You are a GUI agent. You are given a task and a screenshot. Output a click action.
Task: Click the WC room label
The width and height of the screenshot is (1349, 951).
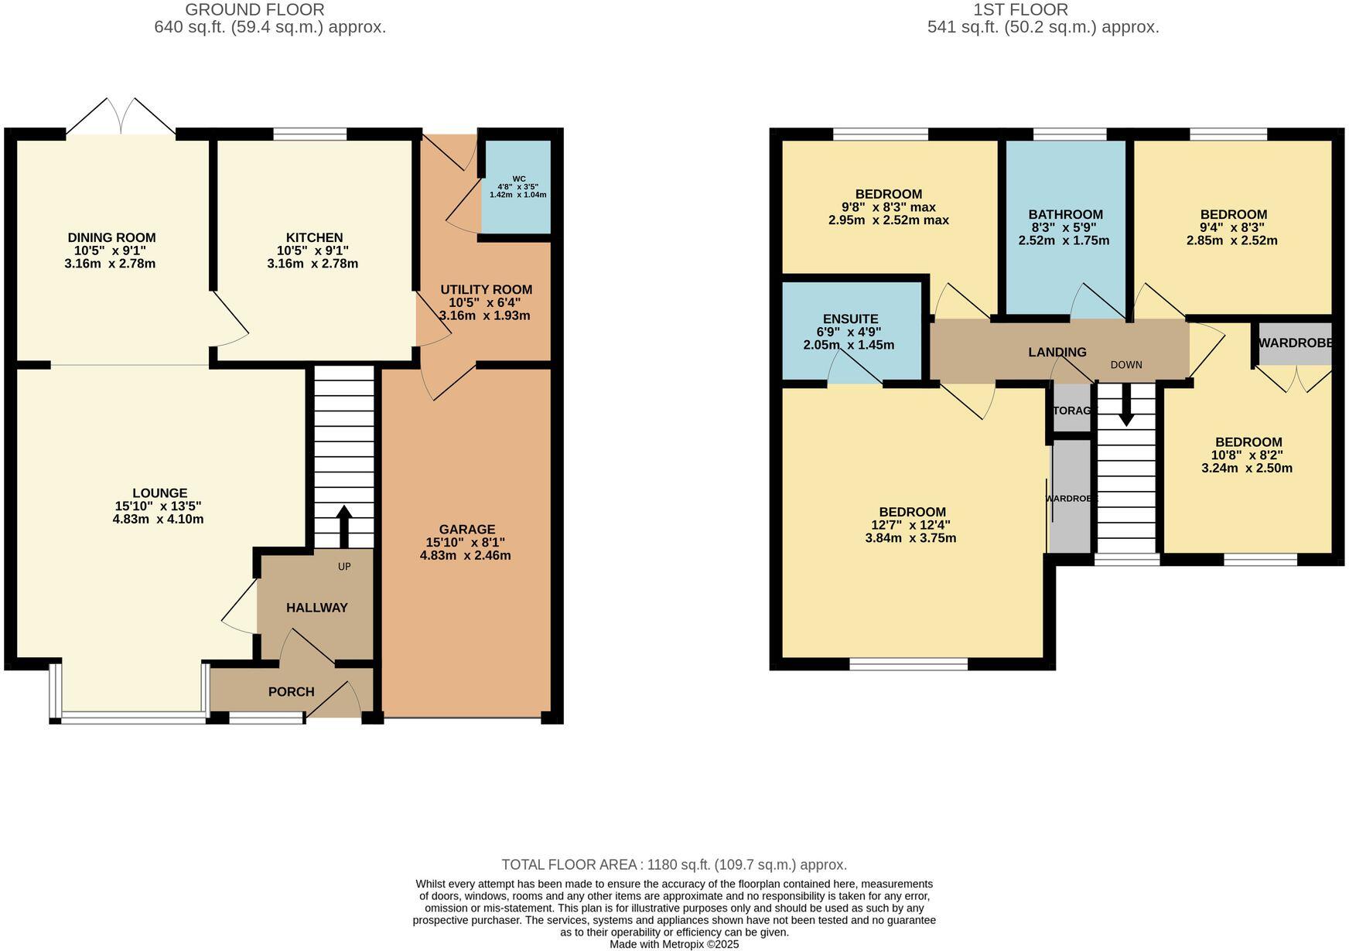tap(519, 179)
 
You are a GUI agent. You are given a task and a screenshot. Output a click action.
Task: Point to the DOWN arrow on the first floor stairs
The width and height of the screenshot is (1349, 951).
tap(1126, 406)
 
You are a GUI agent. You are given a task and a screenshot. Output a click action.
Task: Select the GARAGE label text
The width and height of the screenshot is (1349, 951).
tap(466, 530)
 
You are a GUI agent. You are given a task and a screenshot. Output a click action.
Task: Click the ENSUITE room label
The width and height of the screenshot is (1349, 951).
tap(850, 319)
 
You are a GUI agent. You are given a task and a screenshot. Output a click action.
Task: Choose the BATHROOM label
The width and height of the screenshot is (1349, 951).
tap(1065, 215)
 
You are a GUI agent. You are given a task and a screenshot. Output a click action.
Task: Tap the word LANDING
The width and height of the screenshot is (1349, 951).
tap(1057, 353)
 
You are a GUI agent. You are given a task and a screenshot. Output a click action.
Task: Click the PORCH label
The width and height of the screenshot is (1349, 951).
tap(291, 692)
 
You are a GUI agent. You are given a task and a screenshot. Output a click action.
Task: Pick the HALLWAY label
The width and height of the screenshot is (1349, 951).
tap(317, 608)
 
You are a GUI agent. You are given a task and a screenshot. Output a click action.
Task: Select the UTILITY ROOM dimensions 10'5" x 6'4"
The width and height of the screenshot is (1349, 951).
tap(485, 303)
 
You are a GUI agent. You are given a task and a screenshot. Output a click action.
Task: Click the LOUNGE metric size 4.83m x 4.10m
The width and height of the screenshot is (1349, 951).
tap(158, 520)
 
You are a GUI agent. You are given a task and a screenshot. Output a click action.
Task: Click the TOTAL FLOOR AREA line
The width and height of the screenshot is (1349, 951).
tap(674, 864)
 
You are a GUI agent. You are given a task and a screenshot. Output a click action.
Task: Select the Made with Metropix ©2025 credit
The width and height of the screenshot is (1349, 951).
tap(674, 944)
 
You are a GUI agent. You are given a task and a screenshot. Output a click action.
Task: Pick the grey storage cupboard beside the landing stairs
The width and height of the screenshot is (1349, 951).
tap(1072, 411)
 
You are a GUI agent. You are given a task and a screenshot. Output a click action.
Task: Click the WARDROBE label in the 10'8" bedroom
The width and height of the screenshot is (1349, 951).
tap(1294, 343)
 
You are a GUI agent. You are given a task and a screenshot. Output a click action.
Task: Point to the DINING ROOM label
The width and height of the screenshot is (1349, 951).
tap(111, 237)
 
